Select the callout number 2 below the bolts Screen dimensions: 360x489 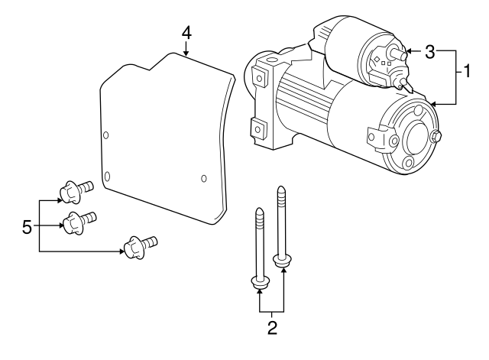point(272,330)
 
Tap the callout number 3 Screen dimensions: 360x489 point(430,52)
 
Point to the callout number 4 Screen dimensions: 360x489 point(186,34)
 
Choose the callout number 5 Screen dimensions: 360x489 point(28,226)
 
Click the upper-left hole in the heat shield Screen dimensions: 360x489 point(106,135)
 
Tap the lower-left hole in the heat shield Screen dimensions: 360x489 point(108,178)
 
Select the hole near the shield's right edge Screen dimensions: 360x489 point(203,179)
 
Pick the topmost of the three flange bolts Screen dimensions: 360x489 point(73,188)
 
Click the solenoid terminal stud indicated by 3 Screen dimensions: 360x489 point(397,54)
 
